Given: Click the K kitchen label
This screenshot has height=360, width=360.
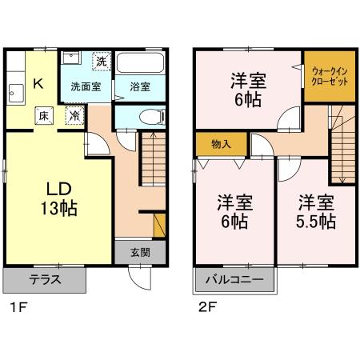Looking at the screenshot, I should pyautogui.click(x=38, y=83).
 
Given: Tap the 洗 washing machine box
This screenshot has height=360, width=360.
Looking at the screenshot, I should pyautogui.click(x=101, y=61).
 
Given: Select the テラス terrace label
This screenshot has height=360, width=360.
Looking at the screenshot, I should pyautogui.click(x=44, y=280).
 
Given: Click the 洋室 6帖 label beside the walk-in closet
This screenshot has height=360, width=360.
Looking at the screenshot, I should pyautogui.click(x=248, y=90).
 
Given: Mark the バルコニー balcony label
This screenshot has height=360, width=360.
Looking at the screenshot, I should pyautogui.click(x=233, y=280).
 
